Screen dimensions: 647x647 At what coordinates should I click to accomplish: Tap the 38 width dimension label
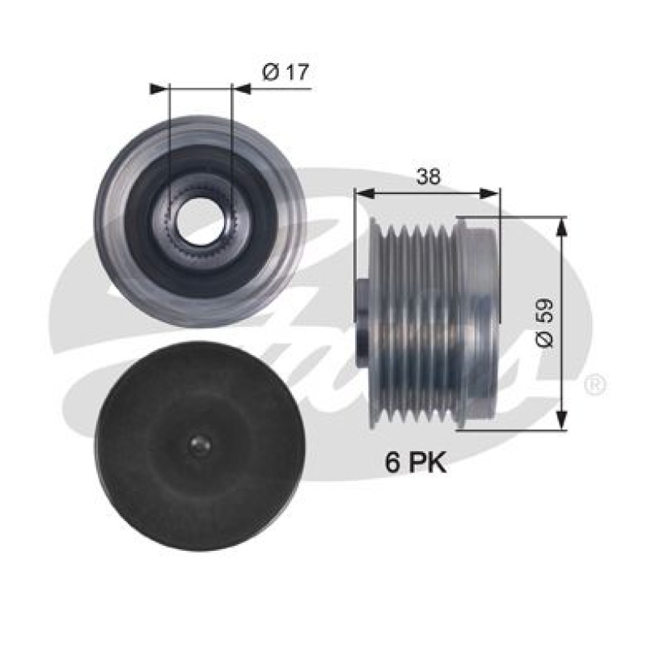(428, 177)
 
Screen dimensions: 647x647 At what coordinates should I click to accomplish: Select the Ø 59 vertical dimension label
(544, 323)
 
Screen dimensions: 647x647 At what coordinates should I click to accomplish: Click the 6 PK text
(415, 463)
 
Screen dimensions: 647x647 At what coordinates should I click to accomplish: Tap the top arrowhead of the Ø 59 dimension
(564, 223)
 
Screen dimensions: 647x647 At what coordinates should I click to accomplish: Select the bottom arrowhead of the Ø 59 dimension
(564, 424)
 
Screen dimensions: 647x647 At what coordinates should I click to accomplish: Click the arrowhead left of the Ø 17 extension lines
(159, 88)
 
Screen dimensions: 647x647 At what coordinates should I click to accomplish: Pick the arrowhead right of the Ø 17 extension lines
(241, 88)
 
